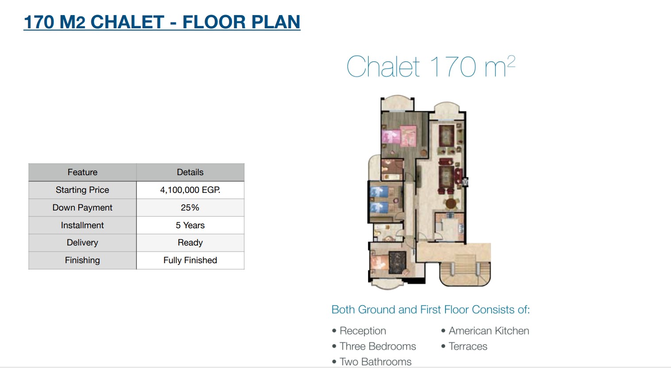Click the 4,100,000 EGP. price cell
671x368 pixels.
point(190,190)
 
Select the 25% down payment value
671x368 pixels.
point(190,207)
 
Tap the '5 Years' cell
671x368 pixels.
point(190,225)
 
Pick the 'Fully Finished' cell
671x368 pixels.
point(190,260)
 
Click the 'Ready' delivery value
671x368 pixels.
point(190,243)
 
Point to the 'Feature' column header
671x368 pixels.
point(82,172)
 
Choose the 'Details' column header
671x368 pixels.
point(190,172)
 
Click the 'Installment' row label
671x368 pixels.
point(82,225)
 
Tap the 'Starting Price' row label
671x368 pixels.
point(82,190)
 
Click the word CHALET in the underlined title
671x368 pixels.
point(127,22)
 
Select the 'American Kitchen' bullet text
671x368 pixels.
point(489,331)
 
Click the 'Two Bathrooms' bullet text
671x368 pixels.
point(376,362)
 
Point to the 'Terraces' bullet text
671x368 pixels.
point(468,346)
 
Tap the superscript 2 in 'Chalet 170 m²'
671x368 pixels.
point(511,62)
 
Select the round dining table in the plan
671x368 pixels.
point(451,204)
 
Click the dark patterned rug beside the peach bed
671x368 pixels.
point(398,263)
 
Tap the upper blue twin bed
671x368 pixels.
point(380,192)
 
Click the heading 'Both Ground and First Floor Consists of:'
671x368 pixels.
point(431,310)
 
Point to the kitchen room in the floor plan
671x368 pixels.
point(450,227)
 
